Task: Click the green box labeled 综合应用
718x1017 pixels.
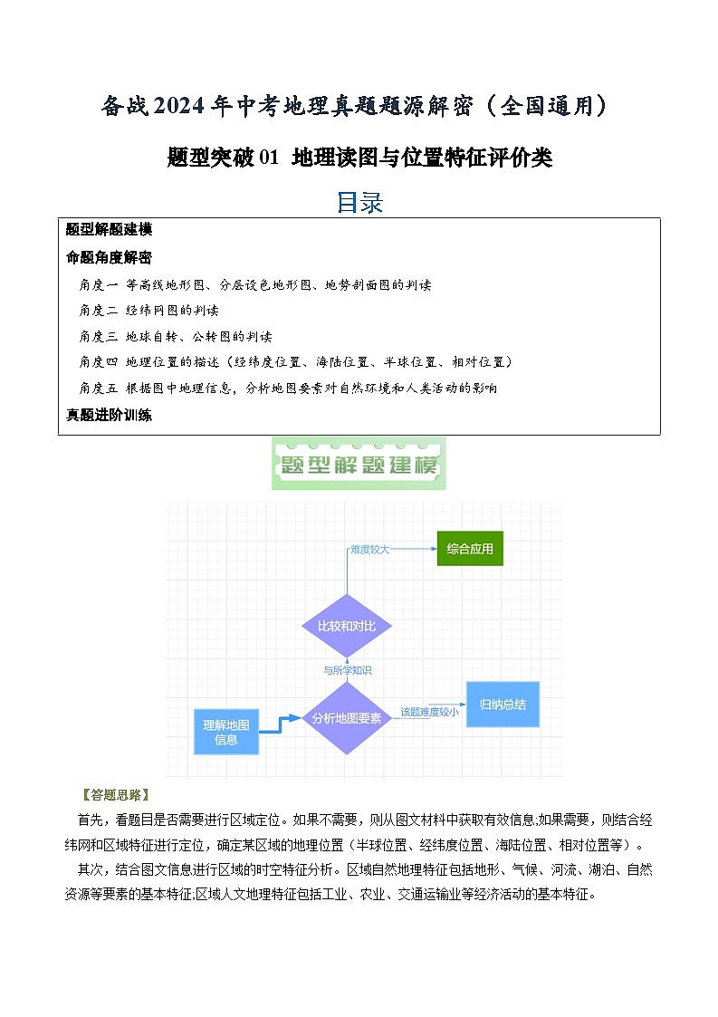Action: tap(470, 549)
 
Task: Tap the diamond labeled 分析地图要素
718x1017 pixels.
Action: tap(346, 717)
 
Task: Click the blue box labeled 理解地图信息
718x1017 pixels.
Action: tap(226, 732)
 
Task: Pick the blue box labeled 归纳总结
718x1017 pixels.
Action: tap(503, 704)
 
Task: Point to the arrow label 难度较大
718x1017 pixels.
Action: tap(370, 549)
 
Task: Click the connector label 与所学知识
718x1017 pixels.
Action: tap(348, 671)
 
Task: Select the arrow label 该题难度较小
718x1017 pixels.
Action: tap(429, 712)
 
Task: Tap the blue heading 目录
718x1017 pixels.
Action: tap(359, 202)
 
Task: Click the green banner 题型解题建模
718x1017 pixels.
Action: tap(359, 465)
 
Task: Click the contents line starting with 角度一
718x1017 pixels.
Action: tap(254, 284)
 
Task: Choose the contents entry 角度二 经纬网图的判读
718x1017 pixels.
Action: tap(148, 310)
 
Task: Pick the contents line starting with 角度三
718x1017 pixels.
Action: tap(175, 336)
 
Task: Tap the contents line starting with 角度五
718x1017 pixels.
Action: tap(288, 388)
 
